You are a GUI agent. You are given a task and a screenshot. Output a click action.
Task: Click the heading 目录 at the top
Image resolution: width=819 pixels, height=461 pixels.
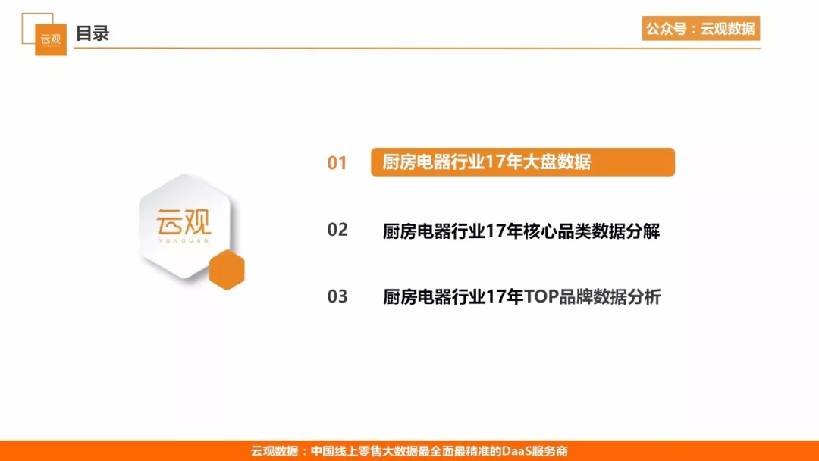93,33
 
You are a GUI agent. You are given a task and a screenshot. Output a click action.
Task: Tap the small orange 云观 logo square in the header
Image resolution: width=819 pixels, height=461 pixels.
51,39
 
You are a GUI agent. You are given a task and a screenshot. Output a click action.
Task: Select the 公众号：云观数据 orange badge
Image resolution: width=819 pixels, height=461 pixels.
701,28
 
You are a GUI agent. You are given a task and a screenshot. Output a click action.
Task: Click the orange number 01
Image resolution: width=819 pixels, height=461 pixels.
337,163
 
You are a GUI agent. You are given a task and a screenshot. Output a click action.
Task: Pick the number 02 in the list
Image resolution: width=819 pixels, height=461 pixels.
337,230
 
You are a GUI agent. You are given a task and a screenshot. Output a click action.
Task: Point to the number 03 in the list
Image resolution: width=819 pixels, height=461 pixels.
337,296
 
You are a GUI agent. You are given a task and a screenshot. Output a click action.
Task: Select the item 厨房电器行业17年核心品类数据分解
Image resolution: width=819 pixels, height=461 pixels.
521,230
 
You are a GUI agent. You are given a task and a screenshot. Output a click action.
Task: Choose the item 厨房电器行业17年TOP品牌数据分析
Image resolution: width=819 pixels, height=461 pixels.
522,297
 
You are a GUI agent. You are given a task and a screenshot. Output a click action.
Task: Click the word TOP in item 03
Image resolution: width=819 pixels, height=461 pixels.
541,297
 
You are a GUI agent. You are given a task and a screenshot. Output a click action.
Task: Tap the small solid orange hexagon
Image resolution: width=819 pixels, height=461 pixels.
227,269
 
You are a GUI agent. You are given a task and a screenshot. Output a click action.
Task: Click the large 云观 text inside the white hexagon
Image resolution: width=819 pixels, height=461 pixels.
184,222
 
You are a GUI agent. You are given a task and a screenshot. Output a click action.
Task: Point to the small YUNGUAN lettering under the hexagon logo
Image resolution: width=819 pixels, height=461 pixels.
184,240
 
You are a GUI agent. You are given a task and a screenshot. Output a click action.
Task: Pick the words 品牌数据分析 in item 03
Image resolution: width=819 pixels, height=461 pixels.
610,297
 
